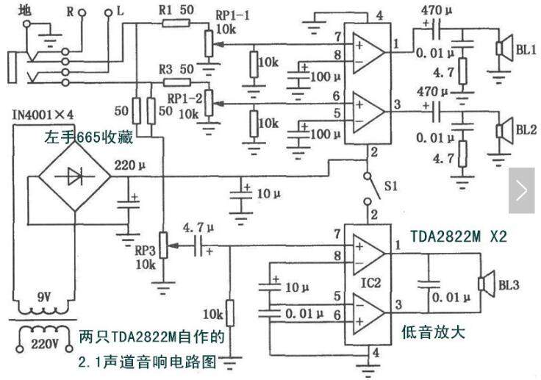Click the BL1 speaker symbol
click(504, 49)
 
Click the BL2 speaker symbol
click(504, 130)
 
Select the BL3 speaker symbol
click(487, 284)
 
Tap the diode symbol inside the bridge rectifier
click(75, 176)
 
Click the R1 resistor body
click(176, 23)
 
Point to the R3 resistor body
click(176, 82)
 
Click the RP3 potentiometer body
click(163, 245)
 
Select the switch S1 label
click(391, 187)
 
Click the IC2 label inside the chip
click(370, 283)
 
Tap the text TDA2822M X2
click(459, 237)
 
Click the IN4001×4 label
click(43, 115)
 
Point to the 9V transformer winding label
click(44, 297)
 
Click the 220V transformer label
click(45, 344)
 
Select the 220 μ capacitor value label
click(129, 165)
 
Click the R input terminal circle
click(82, 13)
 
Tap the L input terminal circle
click(108, 13)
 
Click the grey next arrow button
click(521, 190)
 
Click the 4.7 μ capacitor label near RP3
click(198, 228)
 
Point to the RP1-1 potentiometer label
click(232, 15)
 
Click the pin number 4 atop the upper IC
click(379, 16)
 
